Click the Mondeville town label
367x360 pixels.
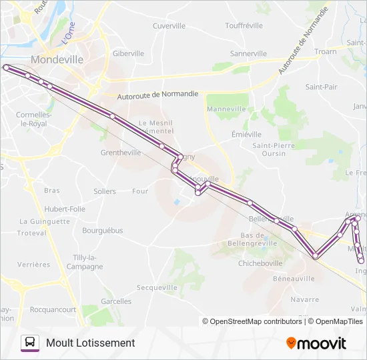click(57, 59)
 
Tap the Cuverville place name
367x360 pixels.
click(169, 26)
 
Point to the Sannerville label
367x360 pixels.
click(248, 53)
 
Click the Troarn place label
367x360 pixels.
click(326, 51)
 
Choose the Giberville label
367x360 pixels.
click(129, 53)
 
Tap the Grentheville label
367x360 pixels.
click(121, 152)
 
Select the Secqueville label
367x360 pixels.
click(157, 287)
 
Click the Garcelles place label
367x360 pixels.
click(116, 301)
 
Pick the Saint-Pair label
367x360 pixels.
click(321, 87)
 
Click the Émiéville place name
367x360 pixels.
click(246, 134)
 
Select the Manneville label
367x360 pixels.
click(227, 109)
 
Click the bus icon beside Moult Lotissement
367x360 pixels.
click(30, 343)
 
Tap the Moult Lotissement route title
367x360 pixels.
click(91, 343)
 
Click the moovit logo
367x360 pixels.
click(316, 343)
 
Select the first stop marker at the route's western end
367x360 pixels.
click(6, 67)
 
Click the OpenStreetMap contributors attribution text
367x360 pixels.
click(256, 321)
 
